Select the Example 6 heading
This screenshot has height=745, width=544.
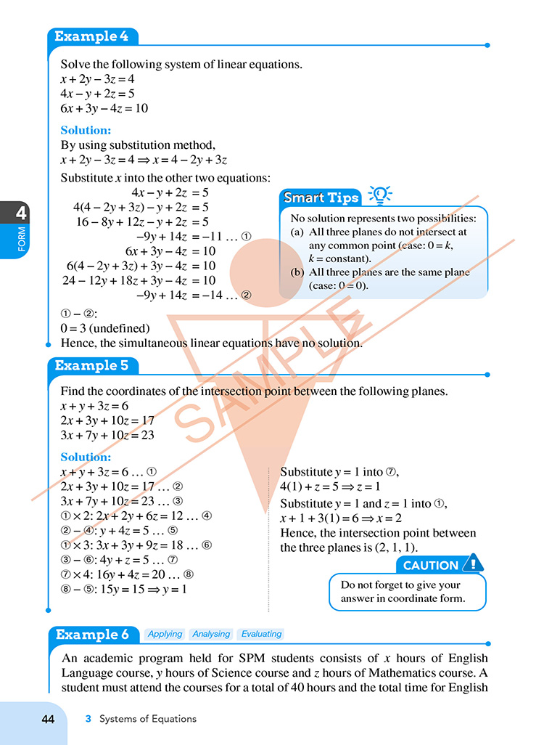coord(92,634)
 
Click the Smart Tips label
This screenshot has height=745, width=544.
coord(321,198)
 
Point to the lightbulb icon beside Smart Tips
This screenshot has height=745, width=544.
coord(380,194)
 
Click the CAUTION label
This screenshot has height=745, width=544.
coord(431,565)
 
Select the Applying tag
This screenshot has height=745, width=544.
coord(165,634)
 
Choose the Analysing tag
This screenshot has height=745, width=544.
coord(210,634)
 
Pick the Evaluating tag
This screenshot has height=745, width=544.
coord(261,634)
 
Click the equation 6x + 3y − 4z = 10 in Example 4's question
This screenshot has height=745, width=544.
coord(104,108)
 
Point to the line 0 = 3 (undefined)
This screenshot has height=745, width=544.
coord(105,328)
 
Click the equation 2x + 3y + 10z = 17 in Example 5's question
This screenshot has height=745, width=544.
coord(107,420)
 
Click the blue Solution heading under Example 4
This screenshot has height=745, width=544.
coord(86,131)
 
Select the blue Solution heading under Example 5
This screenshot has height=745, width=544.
coord(86,457)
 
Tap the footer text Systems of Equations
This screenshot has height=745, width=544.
coord(148,719)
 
